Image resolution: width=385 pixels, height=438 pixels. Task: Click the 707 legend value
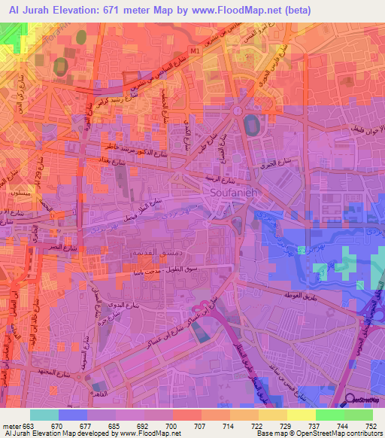coord(201,426)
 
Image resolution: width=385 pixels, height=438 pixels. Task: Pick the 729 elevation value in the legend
coord(286,426)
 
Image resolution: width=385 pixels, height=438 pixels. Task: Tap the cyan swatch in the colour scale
coord(44,415)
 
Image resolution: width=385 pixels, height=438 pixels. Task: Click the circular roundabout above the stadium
coord(238,111)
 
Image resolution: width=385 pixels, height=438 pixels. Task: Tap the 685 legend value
coord(116,426)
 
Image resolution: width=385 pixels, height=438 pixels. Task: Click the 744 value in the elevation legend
coord(342,426)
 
